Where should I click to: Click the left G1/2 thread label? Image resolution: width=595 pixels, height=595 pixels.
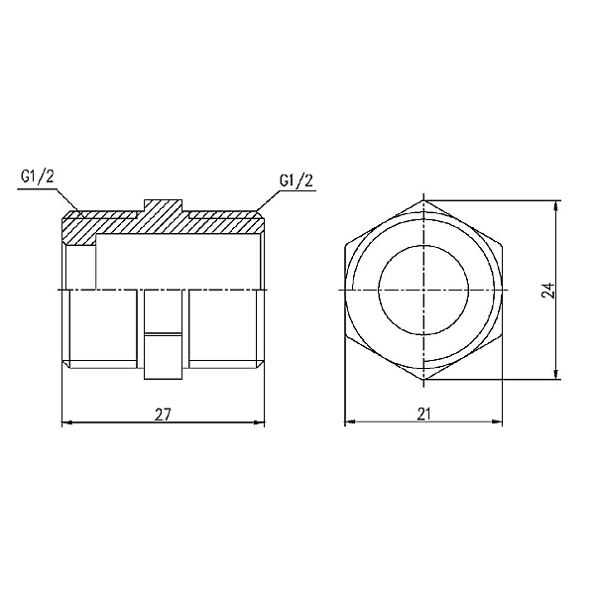click(37, 178)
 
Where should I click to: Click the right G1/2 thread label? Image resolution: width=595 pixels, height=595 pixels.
click(297, 180)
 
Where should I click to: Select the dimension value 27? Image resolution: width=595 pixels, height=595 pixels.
click(164, 414)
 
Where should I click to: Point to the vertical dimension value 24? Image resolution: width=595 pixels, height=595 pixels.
click(548, 290)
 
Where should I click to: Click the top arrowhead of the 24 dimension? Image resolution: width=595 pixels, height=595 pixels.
click(558, 205)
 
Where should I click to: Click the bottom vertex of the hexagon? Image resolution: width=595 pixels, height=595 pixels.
click(423, 380)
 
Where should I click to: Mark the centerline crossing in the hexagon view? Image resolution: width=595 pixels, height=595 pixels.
click(423, 290)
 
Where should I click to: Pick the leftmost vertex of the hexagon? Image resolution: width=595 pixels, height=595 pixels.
click(346, 290)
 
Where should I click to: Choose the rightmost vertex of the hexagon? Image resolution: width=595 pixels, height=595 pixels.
click(502, 290)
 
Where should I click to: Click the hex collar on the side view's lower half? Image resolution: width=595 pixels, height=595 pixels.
click(164, 337)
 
